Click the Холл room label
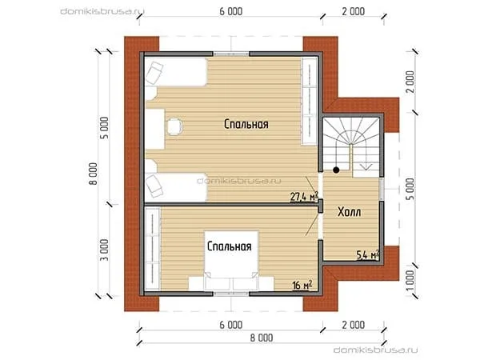click(349, 212)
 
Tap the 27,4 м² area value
click(304, 197)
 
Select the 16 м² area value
click(302, 285)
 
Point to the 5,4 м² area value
click(368, 254)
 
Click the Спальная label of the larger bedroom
click(246, 124)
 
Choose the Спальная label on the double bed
click(230, 246)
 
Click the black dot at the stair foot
click(336, 170)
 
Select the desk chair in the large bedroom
click(174, 126)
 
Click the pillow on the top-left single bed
click(154, 73)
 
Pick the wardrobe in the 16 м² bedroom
click(153, 248)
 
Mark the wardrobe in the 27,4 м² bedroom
click(309, 101)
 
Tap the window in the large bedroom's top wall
click(231, 54)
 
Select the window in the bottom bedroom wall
click(231, 294)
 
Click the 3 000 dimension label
click(104, 250)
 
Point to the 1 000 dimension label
click(411, 281)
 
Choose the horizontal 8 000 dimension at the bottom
click(262, 338)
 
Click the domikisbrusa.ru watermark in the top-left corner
click(102, 11)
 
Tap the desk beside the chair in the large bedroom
click(155, 129)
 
